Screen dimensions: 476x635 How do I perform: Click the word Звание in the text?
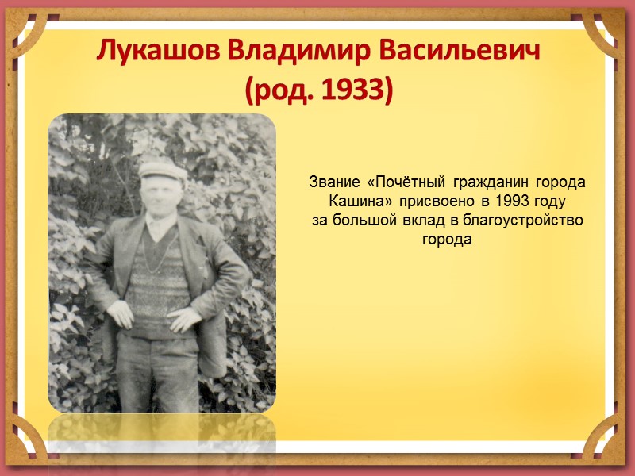click(333, 183)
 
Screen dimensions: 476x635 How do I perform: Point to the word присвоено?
click(432, 202)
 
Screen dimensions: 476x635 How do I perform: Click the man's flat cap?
click(162, 169)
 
